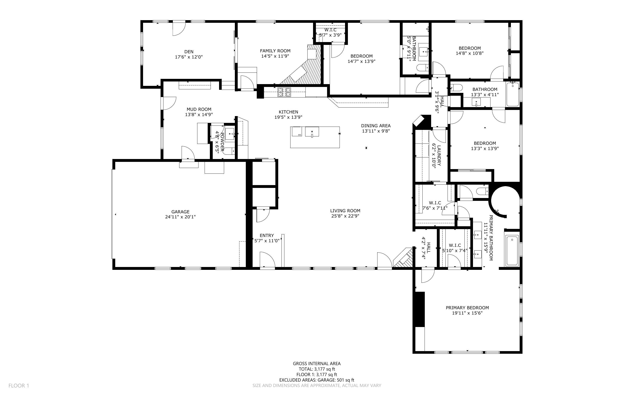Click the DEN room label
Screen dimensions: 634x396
tap(189, 52)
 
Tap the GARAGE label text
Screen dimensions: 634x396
tap(181, 212)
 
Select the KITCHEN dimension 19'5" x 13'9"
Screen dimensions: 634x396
tap(288, 117)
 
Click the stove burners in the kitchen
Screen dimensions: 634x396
tap(284, 92)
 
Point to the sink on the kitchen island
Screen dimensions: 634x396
tap(312, 132)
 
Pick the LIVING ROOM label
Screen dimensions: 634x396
tap(345, 210)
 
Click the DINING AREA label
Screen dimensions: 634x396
tap(376, 126)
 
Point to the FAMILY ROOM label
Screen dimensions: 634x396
tap(275, 51)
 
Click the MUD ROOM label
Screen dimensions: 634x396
tap(199, 109)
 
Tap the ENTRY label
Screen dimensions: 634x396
tap(267, 235)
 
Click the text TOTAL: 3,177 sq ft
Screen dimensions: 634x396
tap(317, 369)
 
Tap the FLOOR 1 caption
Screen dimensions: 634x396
tap(19, 385)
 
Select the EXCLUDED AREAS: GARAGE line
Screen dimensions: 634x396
tap(317, 380)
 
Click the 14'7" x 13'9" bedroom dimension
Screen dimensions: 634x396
tap(361, 61)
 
